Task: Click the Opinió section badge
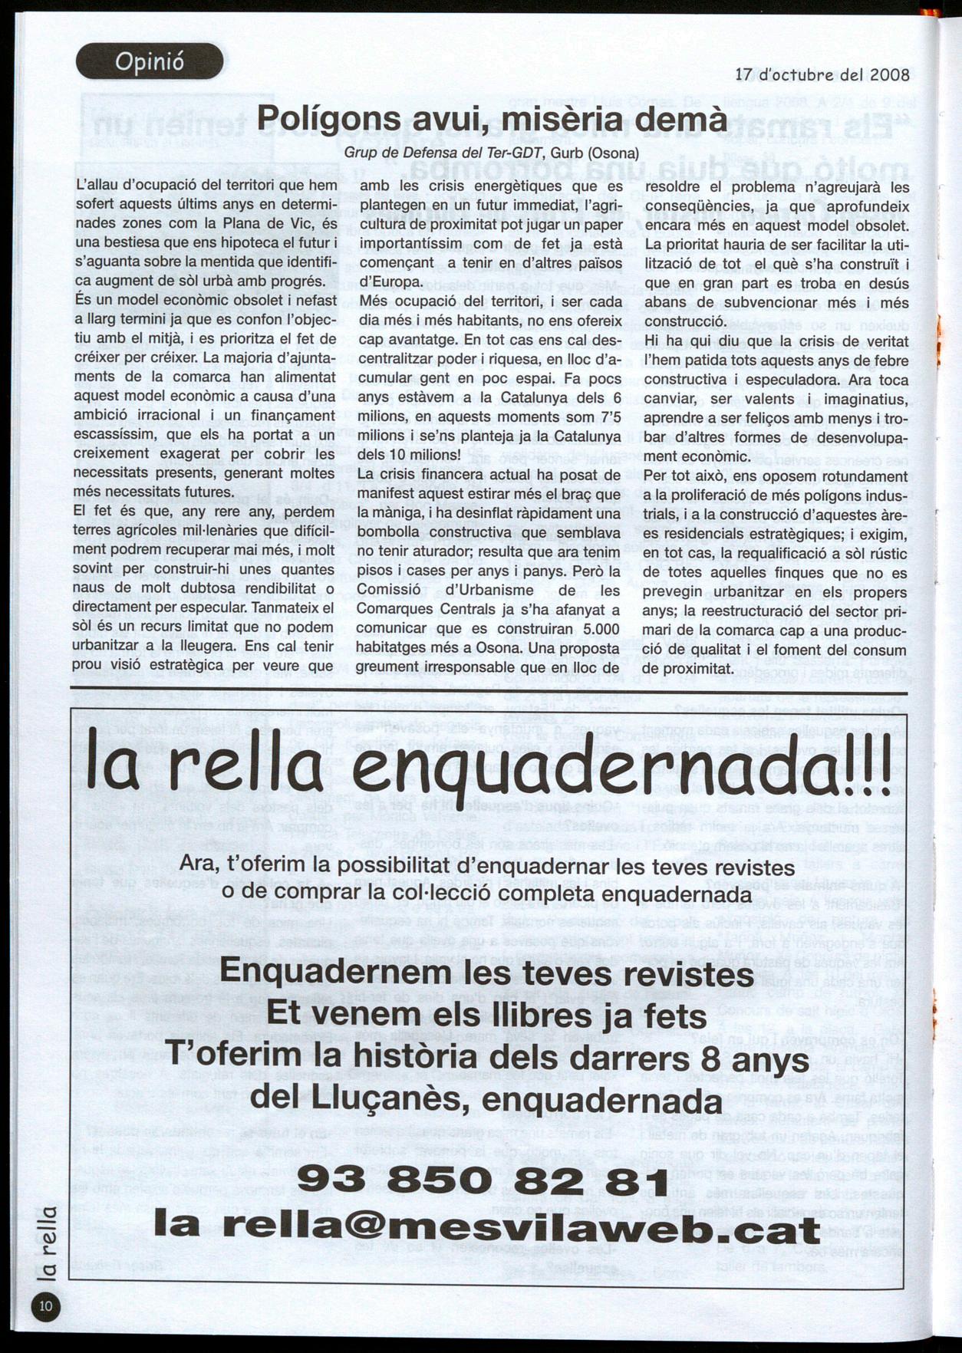click(x=150, y=61)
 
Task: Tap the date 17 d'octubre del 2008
click(x=822, y=74)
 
